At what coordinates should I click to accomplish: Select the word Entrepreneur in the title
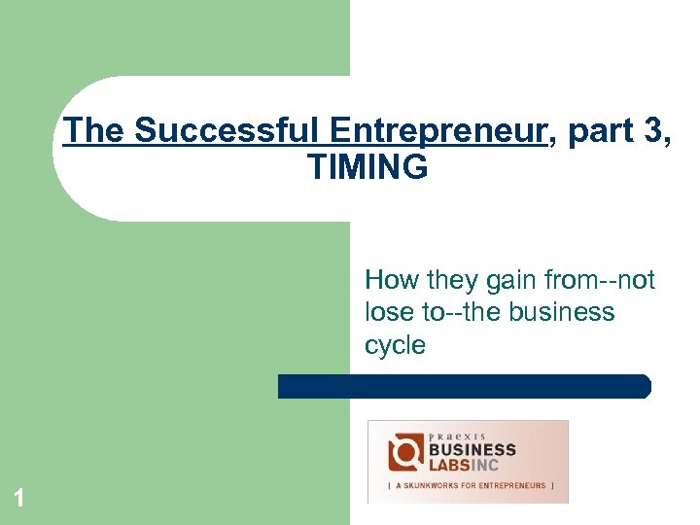click(437, 130)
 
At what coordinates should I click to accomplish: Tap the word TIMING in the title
click(367, 167)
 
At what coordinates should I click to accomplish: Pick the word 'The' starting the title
click(94, 130)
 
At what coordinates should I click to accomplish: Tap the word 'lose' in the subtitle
click(388, 313)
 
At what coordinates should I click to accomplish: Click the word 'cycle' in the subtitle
click(395, 345)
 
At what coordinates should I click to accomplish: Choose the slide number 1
click(18, 499)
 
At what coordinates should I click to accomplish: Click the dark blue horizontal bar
click(464, 386)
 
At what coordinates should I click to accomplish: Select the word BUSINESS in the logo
click(472, 449)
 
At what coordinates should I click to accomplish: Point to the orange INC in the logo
click(498, 465)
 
